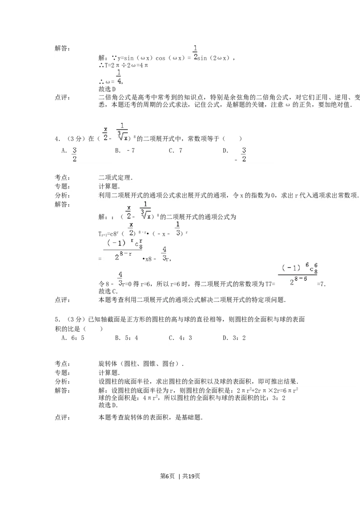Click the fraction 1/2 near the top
(195, 53)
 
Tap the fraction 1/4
(119, 77)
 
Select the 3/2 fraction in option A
(75, 154)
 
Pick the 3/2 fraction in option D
(244, 154)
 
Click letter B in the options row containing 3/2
(117, 152)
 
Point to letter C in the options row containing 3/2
(171, 152)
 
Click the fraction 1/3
(177, 229)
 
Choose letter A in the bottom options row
(63, 340)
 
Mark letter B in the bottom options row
(117, 340)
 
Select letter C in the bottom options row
(171, 340)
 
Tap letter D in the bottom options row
(226, 340)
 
